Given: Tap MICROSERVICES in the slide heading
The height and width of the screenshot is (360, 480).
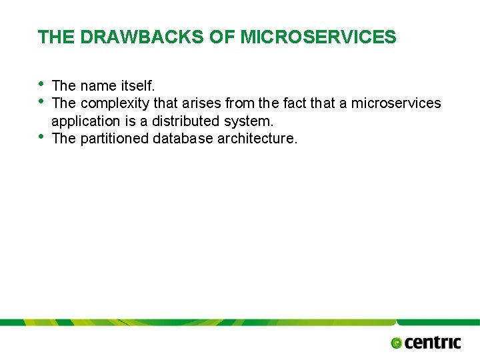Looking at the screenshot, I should click(318, 37).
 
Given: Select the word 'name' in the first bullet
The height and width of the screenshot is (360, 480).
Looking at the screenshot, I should click(99, 86).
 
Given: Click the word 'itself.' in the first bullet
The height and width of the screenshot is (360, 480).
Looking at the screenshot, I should click(138, 86).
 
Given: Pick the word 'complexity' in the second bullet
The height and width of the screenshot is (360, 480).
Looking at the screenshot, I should click(115, 103).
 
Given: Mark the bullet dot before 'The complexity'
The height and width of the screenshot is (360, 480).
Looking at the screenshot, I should click(41, 101).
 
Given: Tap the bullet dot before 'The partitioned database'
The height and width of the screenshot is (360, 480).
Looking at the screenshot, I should click(41, 137).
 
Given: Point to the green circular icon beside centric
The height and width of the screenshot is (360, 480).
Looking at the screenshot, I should click(397, 343).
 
